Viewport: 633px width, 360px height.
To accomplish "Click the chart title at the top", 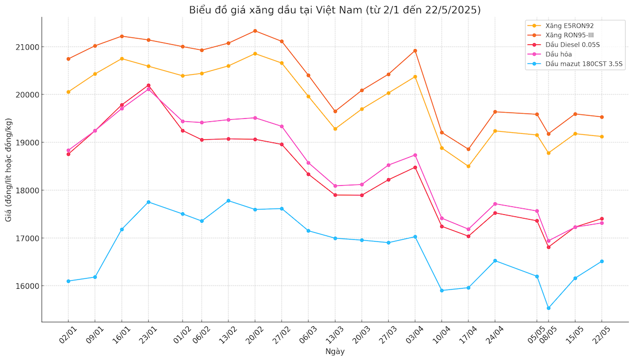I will click(334, 10).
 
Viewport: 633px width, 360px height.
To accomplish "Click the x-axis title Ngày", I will click(334, 352).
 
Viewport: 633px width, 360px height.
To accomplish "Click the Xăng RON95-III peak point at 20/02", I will click(255, 31).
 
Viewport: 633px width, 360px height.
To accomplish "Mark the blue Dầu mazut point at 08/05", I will click(549, 308).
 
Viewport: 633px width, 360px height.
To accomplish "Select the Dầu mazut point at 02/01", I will click(69, 281).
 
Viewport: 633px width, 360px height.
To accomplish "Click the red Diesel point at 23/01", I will click(148, 85).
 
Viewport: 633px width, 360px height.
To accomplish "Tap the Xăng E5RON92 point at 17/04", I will click(468, 166).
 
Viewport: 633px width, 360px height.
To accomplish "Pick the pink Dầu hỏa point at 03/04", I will click(415, 155).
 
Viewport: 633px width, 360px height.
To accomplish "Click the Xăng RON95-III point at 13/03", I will click(335, 111).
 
